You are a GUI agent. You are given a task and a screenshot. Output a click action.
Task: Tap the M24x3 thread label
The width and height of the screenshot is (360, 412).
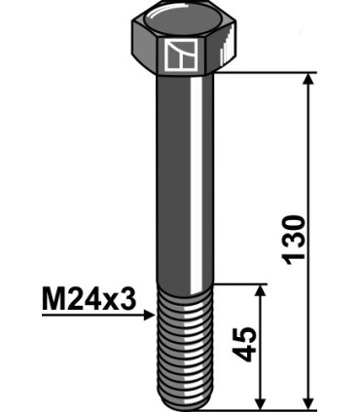89,298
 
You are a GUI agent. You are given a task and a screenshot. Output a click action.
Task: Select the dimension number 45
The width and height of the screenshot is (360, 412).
246,345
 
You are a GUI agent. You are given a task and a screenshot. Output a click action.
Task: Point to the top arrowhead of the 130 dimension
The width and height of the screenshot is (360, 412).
310,80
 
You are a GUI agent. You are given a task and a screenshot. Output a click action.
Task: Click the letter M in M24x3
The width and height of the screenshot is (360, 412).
54,298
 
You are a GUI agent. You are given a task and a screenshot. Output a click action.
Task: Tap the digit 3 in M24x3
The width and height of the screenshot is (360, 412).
126,298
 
